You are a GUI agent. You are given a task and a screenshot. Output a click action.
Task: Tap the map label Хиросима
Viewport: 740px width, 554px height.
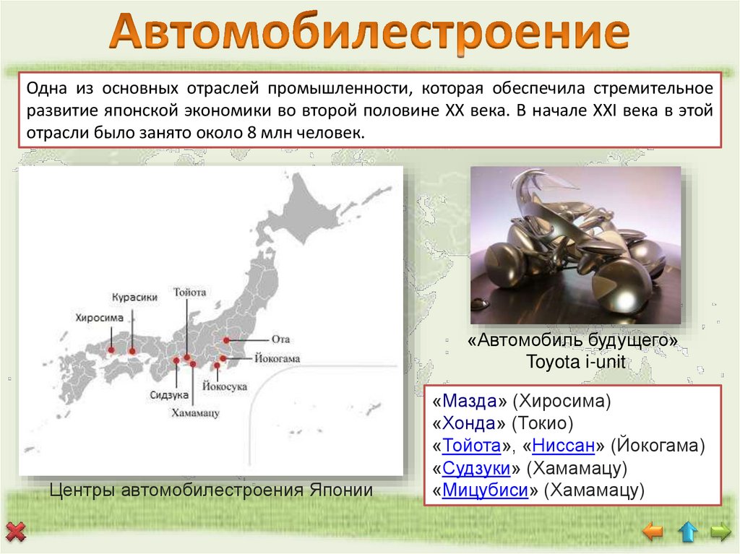(x=99, y=317)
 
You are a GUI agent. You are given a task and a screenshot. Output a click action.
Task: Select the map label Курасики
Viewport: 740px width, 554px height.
(x=134, y=297)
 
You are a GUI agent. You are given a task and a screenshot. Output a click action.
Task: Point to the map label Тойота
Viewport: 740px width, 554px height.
(x=190, y=293)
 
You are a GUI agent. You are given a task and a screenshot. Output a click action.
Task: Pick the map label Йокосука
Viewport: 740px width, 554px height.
(x=225, y=386)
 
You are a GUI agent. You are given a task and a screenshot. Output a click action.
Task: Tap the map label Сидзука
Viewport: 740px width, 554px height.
(x=170, y=395)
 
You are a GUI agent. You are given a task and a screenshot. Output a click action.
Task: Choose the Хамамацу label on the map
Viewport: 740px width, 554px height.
(x=195, y=412)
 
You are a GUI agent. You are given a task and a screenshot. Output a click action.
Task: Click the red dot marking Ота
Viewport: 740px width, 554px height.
(x=226, y=339)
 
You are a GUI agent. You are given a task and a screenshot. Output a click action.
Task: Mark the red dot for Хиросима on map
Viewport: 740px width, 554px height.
(x=111, y=350)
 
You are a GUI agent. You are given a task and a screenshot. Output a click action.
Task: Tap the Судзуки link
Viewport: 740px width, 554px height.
(x=476, y=469)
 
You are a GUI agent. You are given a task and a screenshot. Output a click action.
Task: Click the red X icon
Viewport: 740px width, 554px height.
(x=15, y=534)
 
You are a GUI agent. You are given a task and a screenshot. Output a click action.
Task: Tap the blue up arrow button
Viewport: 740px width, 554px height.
(x=687, y=532)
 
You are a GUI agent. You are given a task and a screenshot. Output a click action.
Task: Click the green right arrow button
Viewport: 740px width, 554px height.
(x=720, y=532)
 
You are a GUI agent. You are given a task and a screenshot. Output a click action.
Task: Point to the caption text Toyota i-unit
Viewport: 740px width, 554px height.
(x=575, y=362)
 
